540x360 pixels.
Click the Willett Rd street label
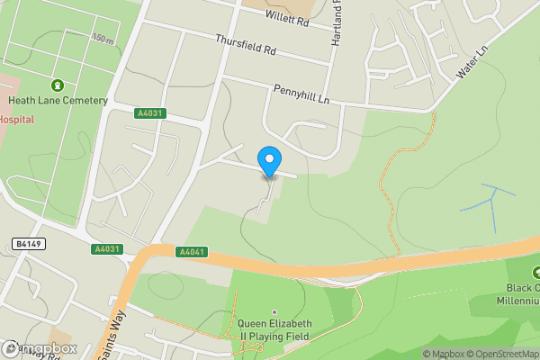(x=287, y=18)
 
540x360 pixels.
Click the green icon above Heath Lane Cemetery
(x=58, y=85)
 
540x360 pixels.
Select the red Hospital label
(x=16, y=119)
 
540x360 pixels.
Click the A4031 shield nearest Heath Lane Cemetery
(x=150, y=113)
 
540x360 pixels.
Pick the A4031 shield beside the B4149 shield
(x=104, y=248)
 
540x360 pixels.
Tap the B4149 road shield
(x=30, y=243)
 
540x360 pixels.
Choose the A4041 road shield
(x=192, y=252)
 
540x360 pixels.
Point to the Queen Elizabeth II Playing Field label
(x=274, y=329)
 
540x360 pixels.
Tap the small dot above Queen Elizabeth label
(x=274, y=312)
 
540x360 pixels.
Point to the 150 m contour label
(x=103, y=39)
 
